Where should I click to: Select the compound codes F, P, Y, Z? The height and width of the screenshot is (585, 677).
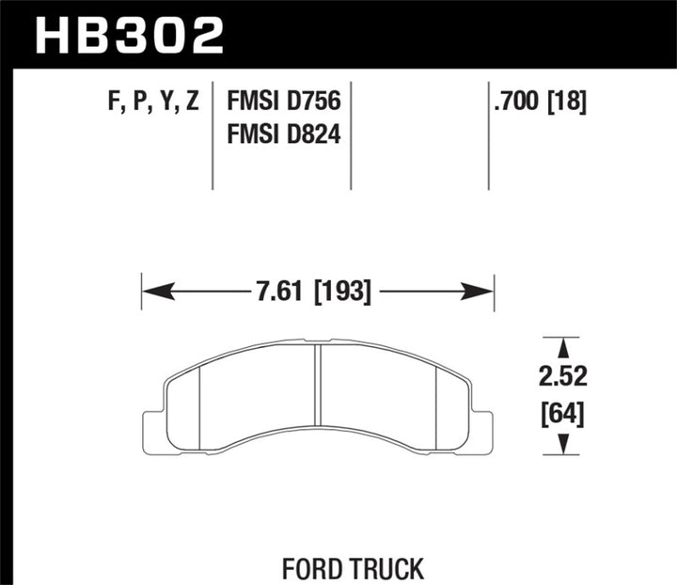coord(151,101)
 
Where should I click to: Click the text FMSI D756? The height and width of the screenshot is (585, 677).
coord(283,101)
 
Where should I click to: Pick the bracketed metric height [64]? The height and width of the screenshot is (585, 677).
coord(563,413)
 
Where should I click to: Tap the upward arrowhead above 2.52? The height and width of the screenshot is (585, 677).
coord(562,346)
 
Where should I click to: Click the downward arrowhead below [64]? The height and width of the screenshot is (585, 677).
coord(562,445)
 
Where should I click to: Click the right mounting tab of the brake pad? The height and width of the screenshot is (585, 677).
coord(481,427)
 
